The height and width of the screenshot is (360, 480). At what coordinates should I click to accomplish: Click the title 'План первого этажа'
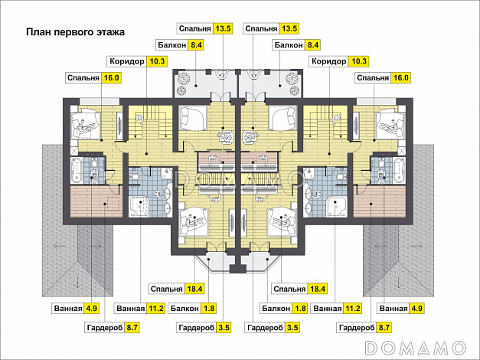click(75, 32)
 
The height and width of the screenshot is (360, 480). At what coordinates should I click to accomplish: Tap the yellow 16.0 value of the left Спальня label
click(111, 78)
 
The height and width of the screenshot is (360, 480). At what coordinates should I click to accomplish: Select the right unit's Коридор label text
click(328, 61)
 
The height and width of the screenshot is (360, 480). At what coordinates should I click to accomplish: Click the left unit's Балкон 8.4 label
click(180, 45)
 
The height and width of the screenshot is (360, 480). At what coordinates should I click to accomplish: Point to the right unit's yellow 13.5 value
click(289, 28)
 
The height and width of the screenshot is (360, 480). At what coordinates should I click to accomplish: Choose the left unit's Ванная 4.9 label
click(76, 308)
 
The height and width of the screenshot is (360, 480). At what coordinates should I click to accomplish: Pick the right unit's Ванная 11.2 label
click(336, 308)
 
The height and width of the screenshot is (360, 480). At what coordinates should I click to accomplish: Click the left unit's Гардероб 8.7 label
click(113, 328)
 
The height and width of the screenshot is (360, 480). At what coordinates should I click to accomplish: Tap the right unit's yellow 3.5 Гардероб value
click(292, 328)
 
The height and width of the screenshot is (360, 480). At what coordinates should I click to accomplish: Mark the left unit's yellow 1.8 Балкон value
click(209, 308)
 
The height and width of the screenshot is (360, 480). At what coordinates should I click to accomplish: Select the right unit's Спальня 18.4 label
click(299, 289)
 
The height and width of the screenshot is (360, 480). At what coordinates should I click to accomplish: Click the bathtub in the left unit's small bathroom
click(77, 170)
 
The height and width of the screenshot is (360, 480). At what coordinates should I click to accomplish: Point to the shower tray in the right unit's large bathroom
click(336, 207)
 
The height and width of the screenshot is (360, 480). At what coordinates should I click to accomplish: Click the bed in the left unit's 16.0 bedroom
click(86, 124)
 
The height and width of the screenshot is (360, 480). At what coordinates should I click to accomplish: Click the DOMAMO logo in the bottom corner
click(416, 349)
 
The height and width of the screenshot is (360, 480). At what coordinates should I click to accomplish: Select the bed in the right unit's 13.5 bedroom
click(282, 118)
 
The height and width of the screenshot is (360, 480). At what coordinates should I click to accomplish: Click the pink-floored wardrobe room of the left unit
click(96, 201)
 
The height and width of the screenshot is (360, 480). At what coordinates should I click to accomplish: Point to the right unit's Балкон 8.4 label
click(296, 45)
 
